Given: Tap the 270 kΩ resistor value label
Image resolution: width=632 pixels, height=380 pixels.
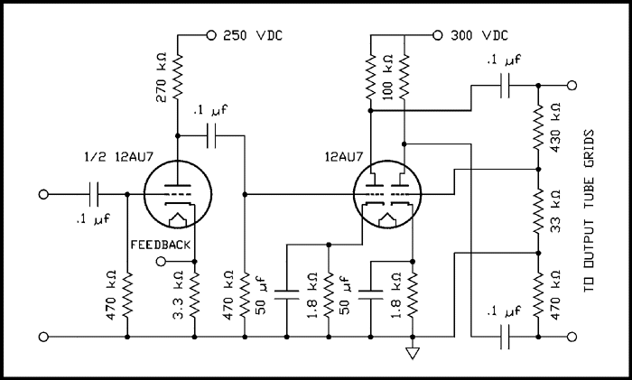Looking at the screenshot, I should [163, 76].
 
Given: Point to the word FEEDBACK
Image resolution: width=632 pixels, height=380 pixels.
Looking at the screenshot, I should [162, 245].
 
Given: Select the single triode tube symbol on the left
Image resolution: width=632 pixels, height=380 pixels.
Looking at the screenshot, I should [175, 194].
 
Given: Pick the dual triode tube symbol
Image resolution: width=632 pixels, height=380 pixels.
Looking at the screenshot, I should [388, 194].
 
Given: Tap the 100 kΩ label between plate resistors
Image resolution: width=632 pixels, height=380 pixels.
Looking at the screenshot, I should [387, 77].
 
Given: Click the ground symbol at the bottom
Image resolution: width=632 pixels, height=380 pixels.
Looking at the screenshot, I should [412, 353].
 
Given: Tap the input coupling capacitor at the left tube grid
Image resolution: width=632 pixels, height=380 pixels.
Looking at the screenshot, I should [95, 194].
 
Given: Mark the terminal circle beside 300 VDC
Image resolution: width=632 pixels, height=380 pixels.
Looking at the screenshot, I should [437, 36].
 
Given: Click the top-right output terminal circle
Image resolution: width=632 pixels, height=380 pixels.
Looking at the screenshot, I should [571, 86].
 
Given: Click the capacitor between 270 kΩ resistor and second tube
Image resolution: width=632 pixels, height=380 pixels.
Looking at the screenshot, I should [213, 136].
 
